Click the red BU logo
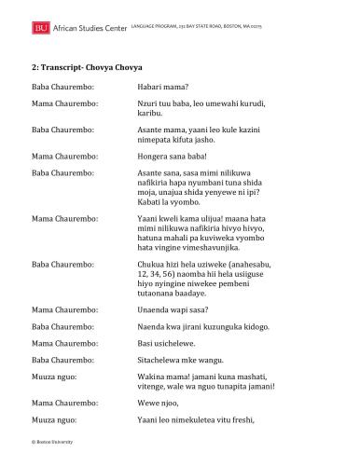click(40, 31)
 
